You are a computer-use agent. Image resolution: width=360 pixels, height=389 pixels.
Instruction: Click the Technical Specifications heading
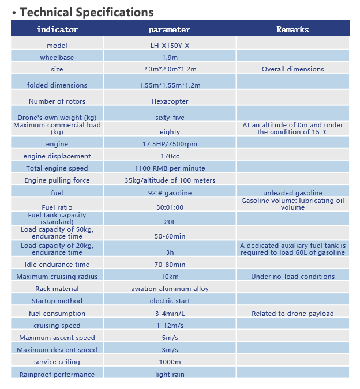(x=87, y=12)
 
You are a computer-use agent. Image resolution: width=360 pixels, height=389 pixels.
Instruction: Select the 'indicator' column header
(x=57, y=29)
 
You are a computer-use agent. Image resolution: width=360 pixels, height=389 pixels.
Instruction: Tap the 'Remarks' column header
(x=292, y=29)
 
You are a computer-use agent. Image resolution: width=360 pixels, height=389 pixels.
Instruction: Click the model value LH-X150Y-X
(x=170, y=45)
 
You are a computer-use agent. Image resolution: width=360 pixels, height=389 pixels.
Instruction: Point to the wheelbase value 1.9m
(x=170, y=58)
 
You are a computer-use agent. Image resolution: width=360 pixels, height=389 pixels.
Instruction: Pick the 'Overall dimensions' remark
(x=292, y=69)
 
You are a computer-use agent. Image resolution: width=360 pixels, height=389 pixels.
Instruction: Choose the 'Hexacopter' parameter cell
(x=170, y=101)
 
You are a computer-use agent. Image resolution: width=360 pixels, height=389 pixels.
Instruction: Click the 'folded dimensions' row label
(x=57, y=85)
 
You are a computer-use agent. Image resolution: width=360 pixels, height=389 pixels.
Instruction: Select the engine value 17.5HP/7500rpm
(x=170, y=144)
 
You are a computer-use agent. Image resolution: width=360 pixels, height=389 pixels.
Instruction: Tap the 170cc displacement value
(x=170, y=156)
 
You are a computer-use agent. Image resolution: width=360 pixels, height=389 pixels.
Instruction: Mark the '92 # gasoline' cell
(x=170, y=193)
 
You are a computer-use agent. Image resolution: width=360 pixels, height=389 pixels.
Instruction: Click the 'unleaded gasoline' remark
(x=292, y=193)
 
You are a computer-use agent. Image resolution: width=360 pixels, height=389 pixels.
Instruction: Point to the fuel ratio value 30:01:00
(x=170, y=207)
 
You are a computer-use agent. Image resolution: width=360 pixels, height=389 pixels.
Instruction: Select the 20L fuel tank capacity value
(x=170, y=222)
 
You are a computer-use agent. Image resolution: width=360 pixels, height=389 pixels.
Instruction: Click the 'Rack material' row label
(x=57, y=289)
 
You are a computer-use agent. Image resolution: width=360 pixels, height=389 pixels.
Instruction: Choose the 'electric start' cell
(x=170, y=301)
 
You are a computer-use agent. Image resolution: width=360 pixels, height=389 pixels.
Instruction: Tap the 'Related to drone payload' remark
(x=292, y=314)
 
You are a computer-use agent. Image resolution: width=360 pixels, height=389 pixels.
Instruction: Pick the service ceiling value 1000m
(x=170, y=362)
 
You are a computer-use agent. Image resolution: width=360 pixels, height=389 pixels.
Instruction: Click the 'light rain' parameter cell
(x=170, y=375)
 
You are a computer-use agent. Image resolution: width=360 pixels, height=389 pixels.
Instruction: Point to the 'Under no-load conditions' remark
(x=292, y=277)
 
